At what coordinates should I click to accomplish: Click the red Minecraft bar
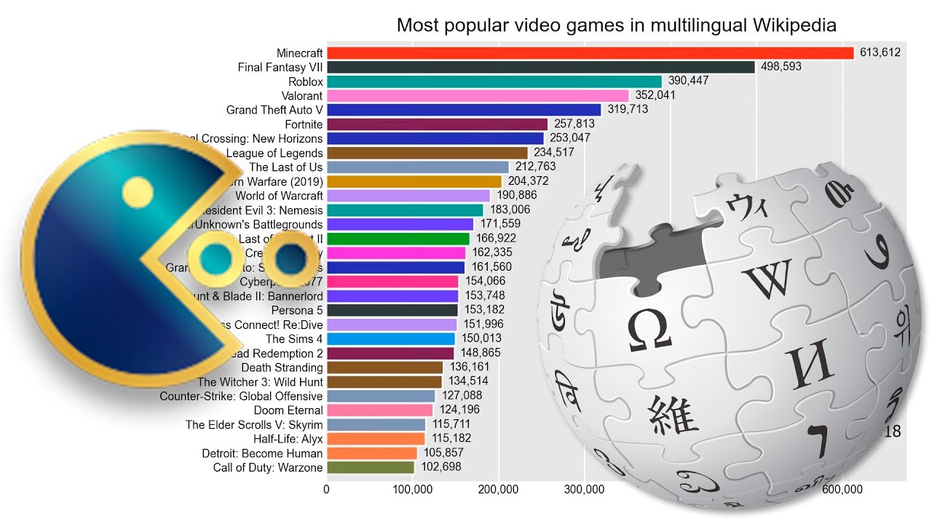pyautogui.click(x=590, y=53)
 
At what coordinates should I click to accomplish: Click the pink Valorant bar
pyautogui.click(x=477, y=95)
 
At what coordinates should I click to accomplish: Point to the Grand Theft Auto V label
pyautogui.click(x=275, y=110)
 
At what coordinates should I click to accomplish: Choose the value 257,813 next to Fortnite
pyautogui.click(x=574, y=124)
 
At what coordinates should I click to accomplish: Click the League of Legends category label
pyautogui.click(x=275, y=153)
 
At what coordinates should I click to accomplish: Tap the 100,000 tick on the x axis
pyautogui.click(x=413, y=490)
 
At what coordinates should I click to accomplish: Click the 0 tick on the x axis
pyautogui.click(x=327, y=490)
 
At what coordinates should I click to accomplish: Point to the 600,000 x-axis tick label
pyautogui.click(x=842, y=490)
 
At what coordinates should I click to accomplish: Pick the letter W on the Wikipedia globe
pyautogui.click(x=767, y=279)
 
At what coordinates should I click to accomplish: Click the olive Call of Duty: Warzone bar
pyautogui.click(x=370, y=467)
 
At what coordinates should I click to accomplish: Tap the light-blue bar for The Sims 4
pyautogui.click(x=390, y=338)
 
